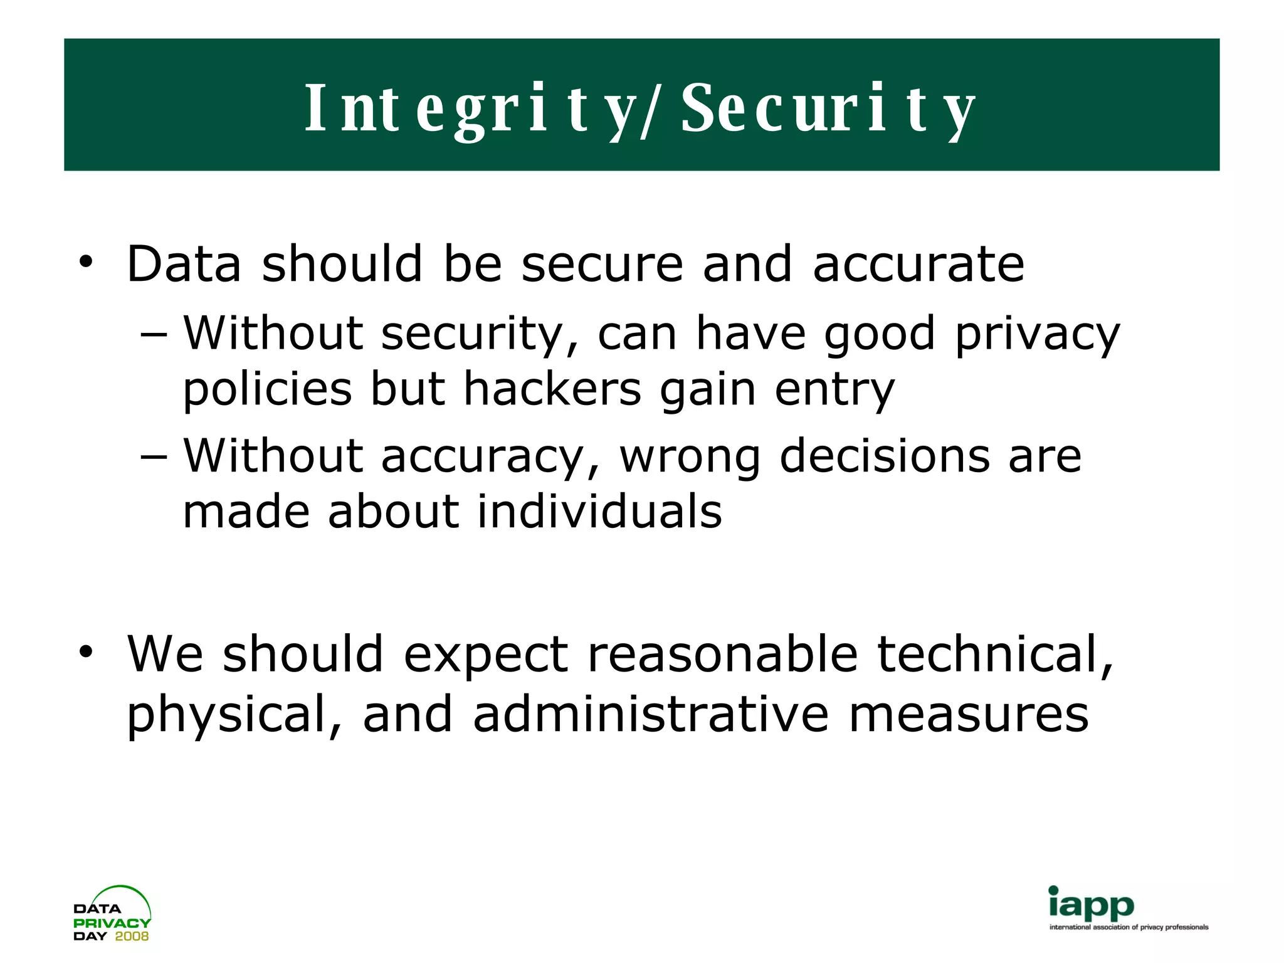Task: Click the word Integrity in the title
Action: tap(471, 108)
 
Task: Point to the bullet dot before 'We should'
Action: tap(85, 652)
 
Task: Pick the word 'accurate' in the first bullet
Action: tap(918, 265)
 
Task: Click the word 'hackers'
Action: tap(552, 389)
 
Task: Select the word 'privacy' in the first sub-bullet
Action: tap(1037, 335)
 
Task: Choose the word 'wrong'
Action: tap(690, 458)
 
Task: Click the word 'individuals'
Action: tap(599, 511)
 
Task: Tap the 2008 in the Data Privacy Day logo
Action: tap(132, 936)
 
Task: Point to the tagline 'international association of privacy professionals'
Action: tap(1129, 927)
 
